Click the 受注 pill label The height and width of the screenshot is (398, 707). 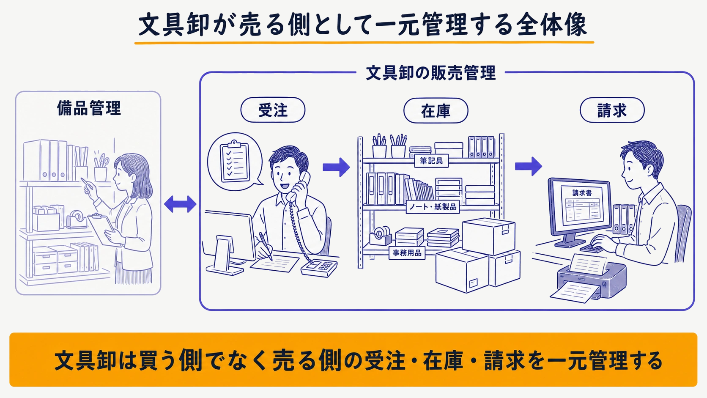273,110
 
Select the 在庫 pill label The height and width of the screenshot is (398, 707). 436,110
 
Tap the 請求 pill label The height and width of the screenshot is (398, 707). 612,110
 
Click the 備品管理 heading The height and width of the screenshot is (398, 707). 89,108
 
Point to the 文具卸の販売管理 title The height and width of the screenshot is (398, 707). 431,73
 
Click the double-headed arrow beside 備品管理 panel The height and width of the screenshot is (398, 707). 180,204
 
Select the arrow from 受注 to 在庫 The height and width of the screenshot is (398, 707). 336,167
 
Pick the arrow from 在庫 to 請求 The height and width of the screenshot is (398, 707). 529,166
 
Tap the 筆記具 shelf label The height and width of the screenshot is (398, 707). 431,161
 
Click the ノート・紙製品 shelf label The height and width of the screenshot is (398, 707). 433,207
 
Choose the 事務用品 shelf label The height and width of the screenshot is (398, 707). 407,253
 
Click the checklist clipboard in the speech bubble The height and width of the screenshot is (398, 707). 235,161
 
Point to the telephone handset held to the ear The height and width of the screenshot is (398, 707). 298,186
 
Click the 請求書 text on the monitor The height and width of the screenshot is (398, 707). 582,193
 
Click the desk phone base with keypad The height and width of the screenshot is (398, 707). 319,268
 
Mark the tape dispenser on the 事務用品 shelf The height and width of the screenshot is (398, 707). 381,236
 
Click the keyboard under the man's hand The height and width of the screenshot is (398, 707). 592,248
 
